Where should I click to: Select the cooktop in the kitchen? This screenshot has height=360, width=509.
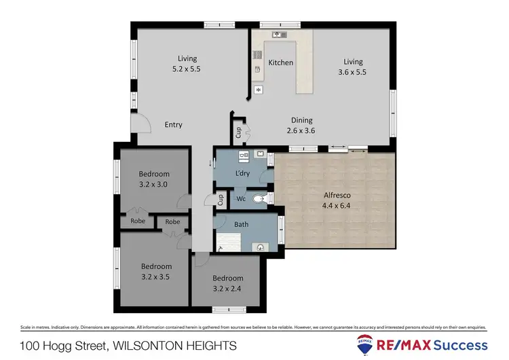(257, 55)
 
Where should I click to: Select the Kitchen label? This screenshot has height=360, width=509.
(281, 62)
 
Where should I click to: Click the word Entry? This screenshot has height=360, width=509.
(174, 125)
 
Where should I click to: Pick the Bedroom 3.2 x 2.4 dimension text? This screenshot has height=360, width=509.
(227, 287)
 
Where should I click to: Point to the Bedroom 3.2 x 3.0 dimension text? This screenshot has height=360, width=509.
(153, 183)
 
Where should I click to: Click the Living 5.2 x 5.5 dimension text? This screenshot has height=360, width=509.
(187, 69)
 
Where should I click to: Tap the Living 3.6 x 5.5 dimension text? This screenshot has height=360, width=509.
(353, 71)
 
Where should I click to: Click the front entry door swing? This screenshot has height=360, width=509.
(141, 123)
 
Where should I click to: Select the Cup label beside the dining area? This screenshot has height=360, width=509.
(238, 132)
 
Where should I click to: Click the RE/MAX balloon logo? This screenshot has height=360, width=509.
(366, 344)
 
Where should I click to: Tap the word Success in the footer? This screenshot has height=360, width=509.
(461, 345)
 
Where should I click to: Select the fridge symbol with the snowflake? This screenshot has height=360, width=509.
(258, 90)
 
